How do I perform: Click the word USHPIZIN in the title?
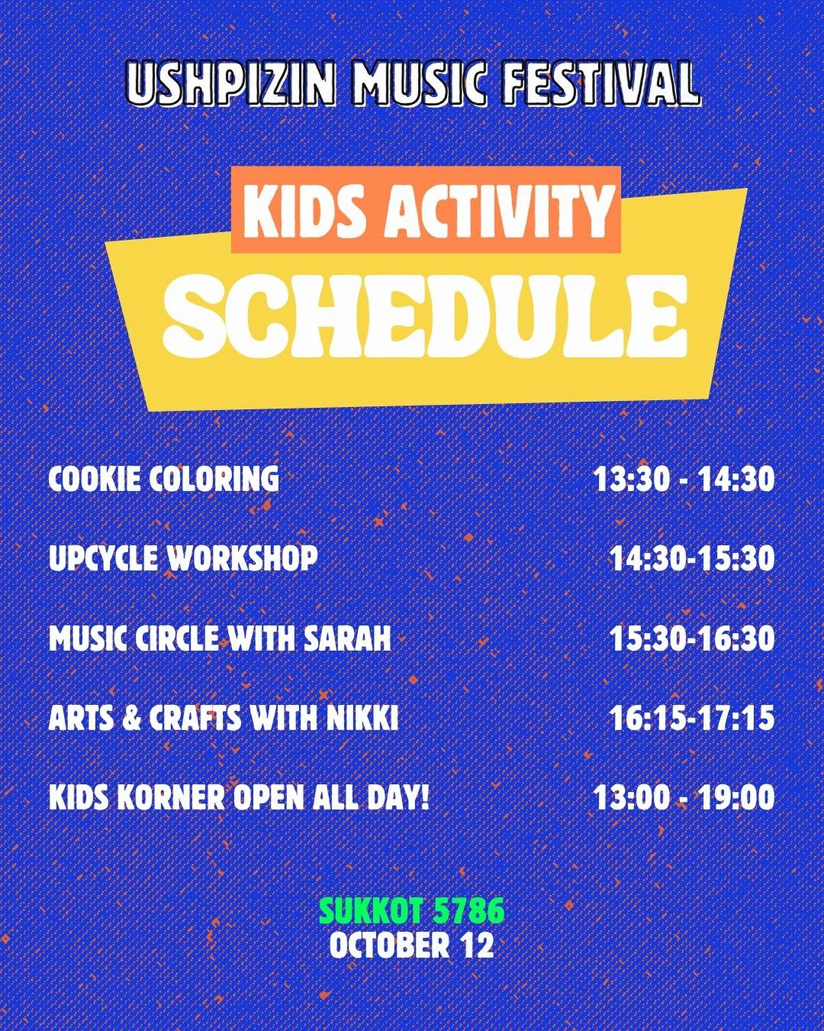tap(231, 84)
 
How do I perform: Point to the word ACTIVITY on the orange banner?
tap(499, 209)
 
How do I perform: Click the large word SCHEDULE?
tap(425, 316)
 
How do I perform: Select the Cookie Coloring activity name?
tap(164, 479)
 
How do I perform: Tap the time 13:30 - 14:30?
tap(684, 479)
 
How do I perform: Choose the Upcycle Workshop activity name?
tap(183, 558)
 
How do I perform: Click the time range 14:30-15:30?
tap(692, 558)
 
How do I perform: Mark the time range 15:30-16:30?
tap(692, 639)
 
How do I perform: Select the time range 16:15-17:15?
tap(692, 718)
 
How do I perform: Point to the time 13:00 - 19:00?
tap(684, 798)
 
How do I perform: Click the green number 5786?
tap(469, 912)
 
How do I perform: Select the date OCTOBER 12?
tap(411, 945)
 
